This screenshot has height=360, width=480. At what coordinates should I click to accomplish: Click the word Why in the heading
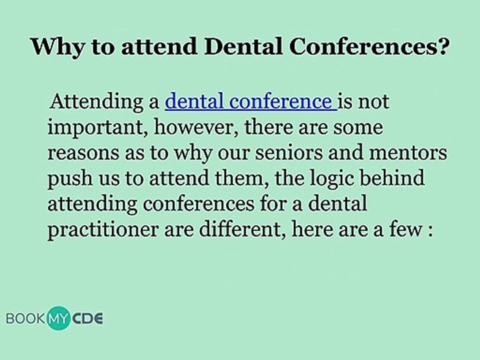click(57, 47)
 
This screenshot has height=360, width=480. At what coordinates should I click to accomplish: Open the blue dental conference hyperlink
click(250, 101)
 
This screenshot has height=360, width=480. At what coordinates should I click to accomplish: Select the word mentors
click(408, 152)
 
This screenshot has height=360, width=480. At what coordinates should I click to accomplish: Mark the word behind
click(392, 177)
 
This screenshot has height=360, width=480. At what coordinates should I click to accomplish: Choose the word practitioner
click(103, 229)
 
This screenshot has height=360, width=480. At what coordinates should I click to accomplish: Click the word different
click(242, 229)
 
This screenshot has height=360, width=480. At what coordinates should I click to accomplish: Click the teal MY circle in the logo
click(58, 318)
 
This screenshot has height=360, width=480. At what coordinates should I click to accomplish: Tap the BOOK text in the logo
click(25, 318)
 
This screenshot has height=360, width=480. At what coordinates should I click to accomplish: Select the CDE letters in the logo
click(87, 318)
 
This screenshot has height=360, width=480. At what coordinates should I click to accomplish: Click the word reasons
click(83, 153)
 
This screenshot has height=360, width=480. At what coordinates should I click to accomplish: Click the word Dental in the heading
click(243, 46)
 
